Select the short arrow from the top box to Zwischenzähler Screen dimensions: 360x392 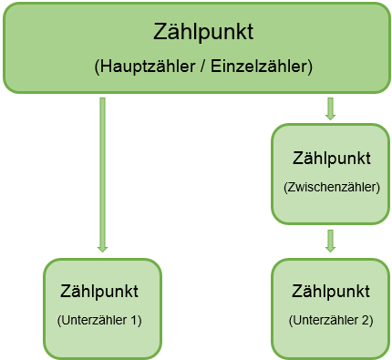coord(330,108)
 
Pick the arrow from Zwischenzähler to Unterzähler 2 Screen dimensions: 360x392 coord(330,240)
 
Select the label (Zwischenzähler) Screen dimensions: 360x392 coord(331,187)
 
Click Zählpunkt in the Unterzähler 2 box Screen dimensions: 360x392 coord(331,293)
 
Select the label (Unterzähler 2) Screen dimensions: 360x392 coord(331,321)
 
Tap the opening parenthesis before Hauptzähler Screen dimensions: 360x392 coord(98,67)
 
